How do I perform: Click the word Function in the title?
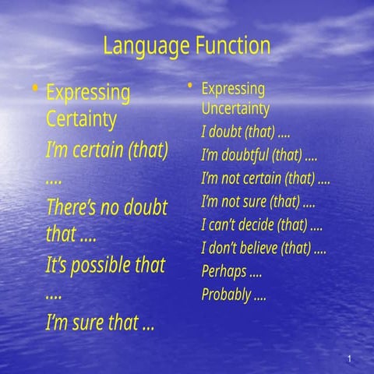click(x=232, y=47)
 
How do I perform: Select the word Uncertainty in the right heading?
click(x=235, y=108)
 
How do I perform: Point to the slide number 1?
click(x=351, y=358)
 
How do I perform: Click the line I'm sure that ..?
click(x=99, y=322)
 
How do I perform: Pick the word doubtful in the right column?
click(x=244, y=152)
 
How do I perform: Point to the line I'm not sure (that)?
click(x=257, y=202)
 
